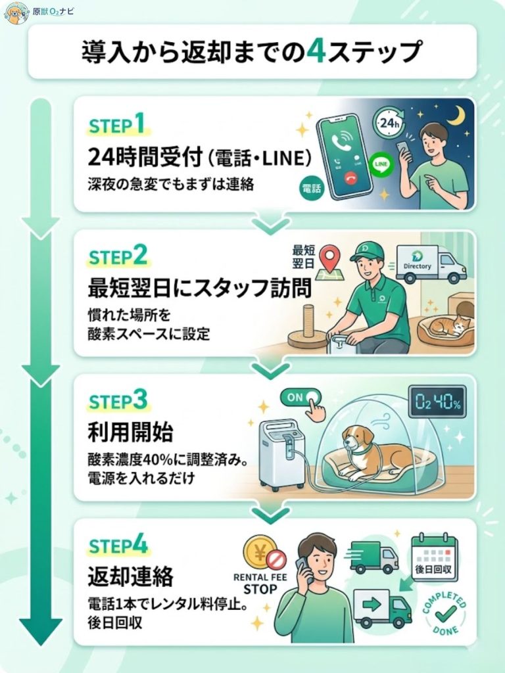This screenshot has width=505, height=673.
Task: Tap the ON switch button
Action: pos(302,397)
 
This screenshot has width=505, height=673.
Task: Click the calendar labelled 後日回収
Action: pos(434,558)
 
